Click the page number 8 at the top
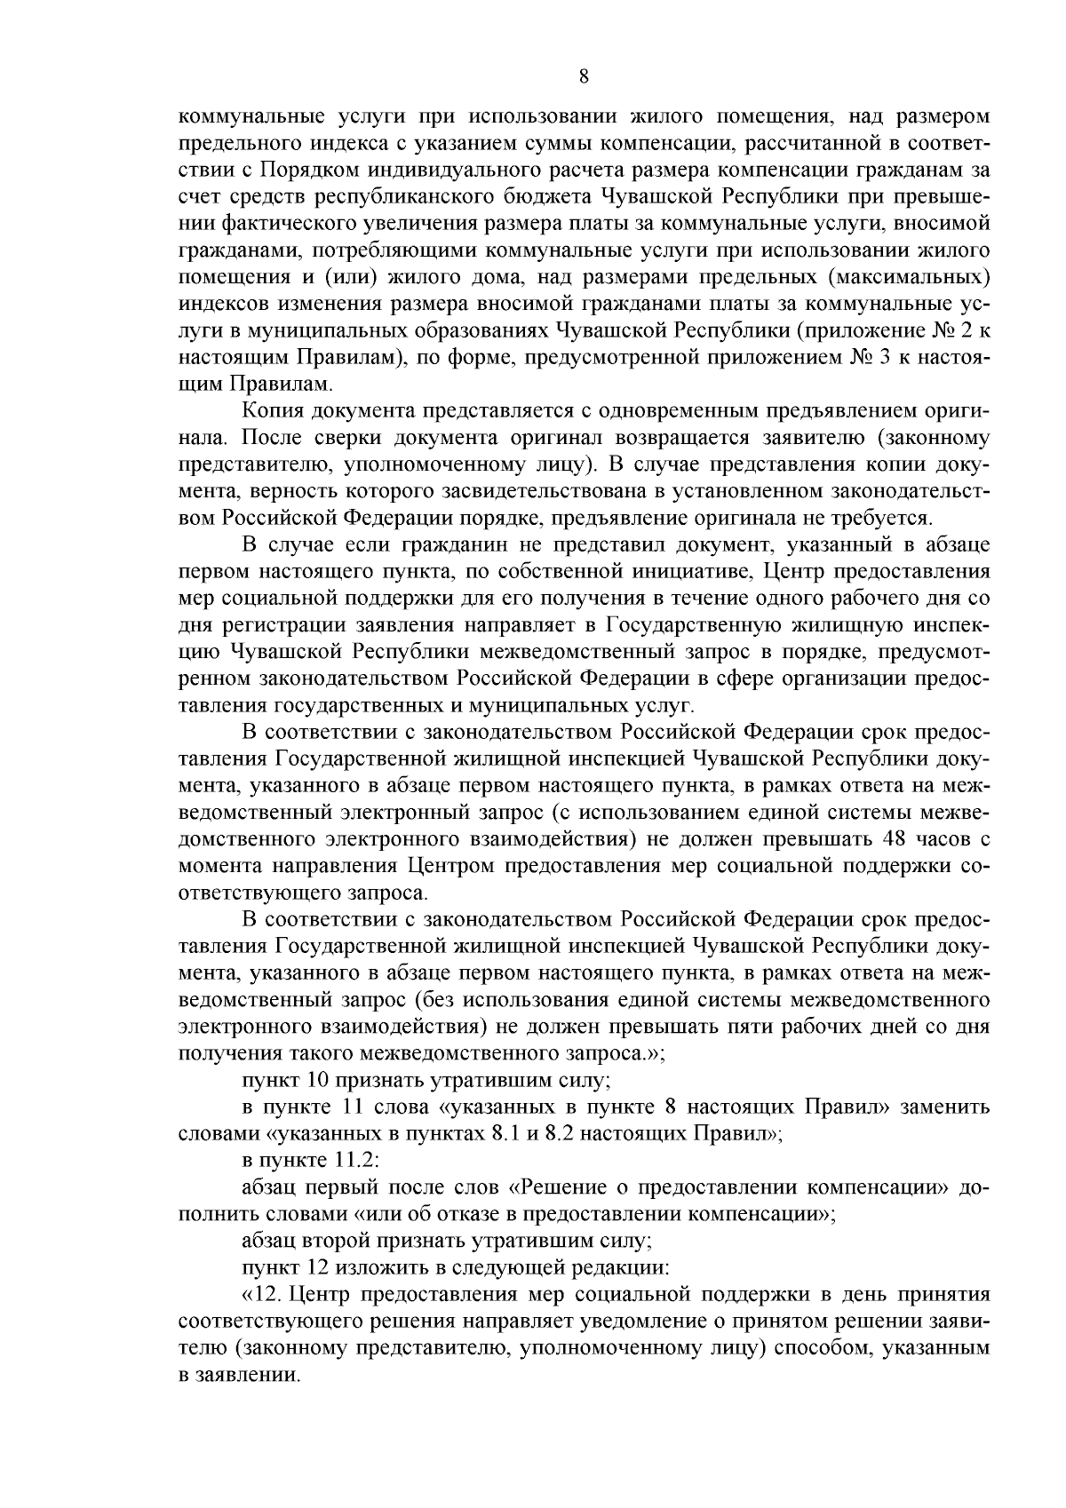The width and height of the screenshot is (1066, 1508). click(x=583, y=76)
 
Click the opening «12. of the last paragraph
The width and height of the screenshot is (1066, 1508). click(x=262, y=1295)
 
